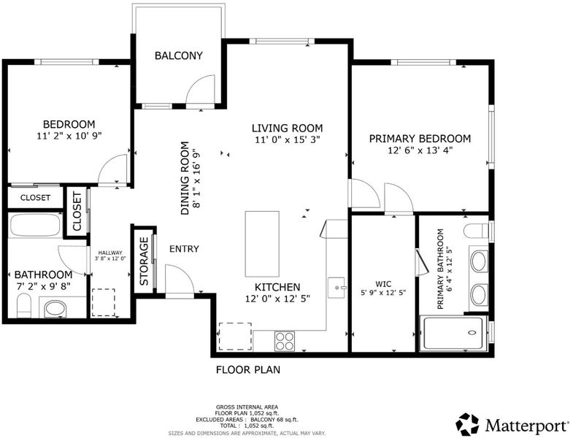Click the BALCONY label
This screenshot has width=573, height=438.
(x=178, y=55)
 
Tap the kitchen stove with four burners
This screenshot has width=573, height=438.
(x=285, y=341)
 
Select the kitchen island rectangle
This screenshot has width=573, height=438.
(x=262, y=244)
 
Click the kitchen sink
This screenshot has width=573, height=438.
(x=337, y=288)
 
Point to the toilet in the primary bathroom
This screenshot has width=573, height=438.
(x=476, y=231)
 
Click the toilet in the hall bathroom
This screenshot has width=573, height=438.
(x=25, y=305)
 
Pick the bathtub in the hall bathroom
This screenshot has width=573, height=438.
(x=36, y=226)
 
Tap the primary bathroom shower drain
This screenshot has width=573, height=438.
(x=472, y=333)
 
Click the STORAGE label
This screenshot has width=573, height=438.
(x=145, y=261)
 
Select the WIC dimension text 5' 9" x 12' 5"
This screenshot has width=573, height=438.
(x=383, y=293)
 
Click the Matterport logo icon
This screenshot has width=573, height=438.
(x=467, y=424)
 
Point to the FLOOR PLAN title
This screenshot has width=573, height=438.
(x=248, y=369)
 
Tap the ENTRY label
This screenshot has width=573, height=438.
(x=184, y=249)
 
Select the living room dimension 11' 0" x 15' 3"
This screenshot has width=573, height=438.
(x=288, y=139)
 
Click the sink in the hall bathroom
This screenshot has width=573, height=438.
(x=55, y=309)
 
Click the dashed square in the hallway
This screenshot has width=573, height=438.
(x=103, y=302)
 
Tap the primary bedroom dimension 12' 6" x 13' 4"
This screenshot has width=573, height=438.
(x=420, y=150)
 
